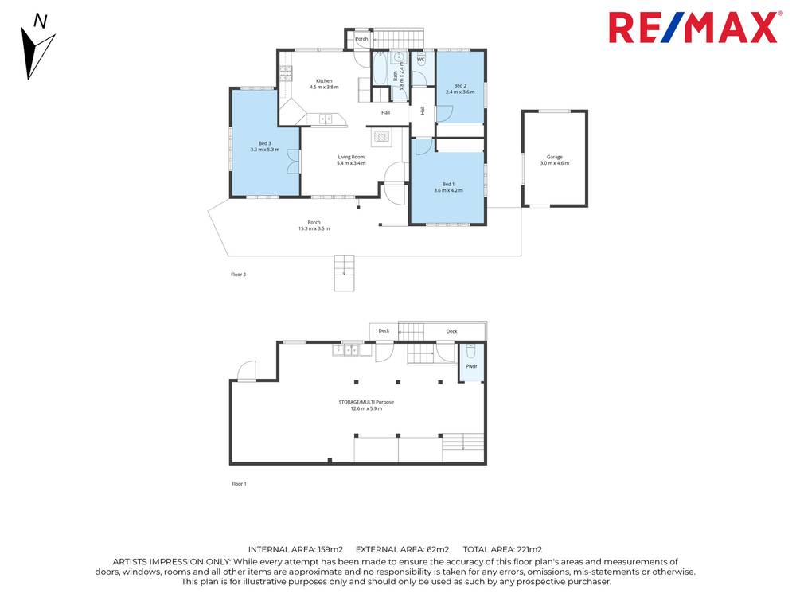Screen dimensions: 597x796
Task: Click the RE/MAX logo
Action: click(x=693, y=27)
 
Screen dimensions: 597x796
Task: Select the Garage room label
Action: click(x=555, y=160)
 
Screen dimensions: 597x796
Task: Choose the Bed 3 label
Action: click(x=265, y=146)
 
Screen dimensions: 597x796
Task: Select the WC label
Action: click(x=421, y=60)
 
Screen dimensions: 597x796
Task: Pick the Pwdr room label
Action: click(x=471, y=366)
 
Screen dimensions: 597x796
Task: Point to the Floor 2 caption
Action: click(x=239, y=275)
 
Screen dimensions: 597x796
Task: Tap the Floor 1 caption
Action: click(x=239, y=484)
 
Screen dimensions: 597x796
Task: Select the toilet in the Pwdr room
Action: click(x=470, y=351)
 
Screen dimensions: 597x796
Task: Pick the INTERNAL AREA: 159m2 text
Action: click(x=295, y=549)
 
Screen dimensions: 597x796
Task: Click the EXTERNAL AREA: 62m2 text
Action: click(x=402, y=549)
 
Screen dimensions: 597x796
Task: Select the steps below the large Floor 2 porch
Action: click(x=343, y=272)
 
